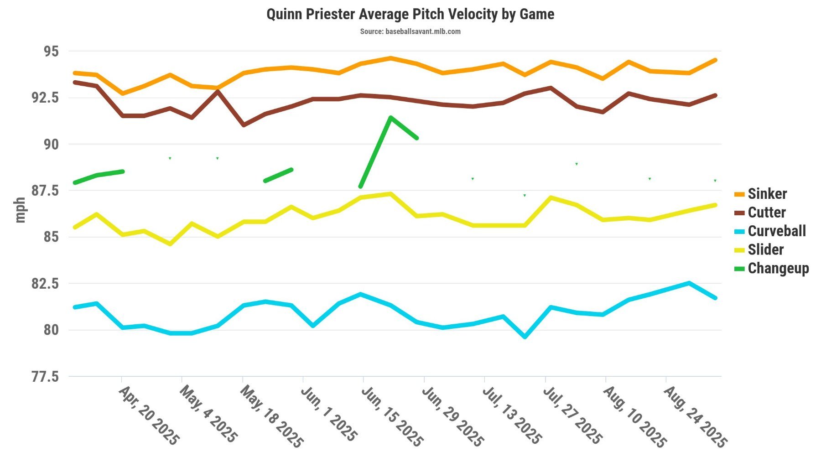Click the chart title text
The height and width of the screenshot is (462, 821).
click(410, 14)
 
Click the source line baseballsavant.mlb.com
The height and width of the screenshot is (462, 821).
click(410, 31)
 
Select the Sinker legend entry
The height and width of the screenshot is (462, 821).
click(767, 194)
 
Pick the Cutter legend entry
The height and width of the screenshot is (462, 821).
click(766, 213)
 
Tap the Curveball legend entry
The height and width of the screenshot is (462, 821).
click(776, 231)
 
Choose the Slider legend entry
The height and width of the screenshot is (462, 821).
click(765, 250)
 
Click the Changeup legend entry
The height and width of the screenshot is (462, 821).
click(778, 268)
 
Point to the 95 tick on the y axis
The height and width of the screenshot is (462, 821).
click(51, 51)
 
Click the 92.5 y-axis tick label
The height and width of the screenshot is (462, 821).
click(45, 98)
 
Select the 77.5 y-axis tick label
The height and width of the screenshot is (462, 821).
click(45, 377)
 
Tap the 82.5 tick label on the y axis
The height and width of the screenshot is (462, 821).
click(45, 284)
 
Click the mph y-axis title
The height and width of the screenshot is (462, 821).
click(20, 210)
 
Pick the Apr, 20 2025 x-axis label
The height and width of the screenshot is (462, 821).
click(149, 415)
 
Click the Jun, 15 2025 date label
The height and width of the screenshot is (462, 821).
click(392, 416)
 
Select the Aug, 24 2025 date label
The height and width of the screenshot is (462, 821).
click(695, 416)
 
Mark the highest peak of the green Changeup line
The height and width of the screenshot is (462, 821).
click(390, 117)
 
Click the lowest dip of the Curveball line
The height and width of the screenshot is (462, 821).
click(525, 337)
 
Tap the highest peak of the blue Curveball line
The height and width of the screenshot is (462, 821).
click(689, 283)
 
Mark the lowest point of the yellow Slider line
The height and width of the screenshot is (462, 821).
click(170, 244)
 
